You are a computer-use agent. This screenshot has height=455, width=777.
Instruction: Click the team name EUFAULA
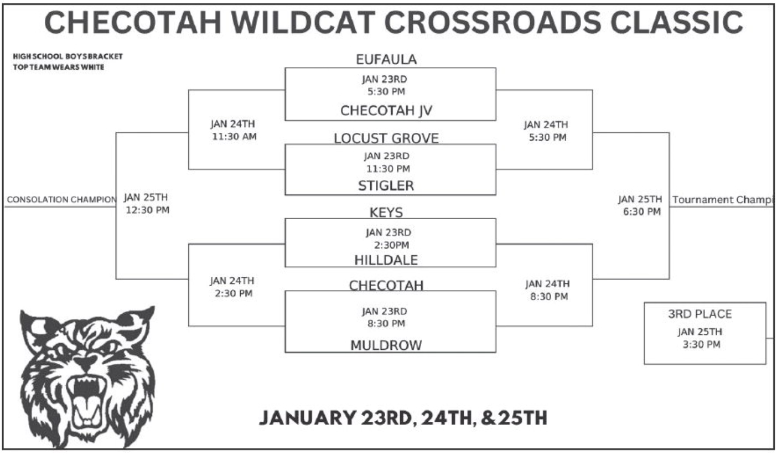click(x=386, y=59)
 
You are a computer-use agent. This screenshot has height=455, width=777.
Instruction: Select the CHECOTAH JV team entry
click(x=386, y=110)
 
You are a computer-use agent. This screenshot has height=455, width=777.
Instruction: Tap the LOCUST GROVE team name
click(x=386, y=138)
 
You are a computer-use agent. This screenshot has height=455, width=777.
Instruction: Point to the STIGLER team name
click(x=386, y=185)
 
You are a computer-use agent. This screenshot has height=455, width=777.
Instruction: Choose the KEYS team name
click(x=386, y=212)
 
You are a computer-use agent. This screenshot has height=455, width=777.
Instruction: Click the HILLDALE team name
click(x=386, y=260)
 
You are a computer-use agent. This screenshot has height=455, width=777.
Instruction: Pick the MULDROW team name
click(x=386, y=345)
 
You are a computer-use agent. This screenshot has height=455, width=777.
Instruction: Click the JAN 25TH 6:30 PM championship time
click(x=640, y=205)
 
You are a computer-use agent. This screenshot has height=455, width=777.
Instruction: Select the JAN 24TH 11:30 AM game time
click(x=234, y=130)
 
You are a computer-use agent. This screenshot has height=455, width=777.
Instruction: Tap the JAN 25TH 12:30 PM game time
click(x=147, y=204)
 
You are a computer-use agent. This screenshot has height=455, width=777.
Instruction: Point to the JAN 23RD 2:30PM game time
click(x=389, y=239)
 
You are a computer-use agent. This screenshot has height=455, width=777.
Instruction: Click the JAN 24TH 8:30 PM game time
click(x=548, y=290)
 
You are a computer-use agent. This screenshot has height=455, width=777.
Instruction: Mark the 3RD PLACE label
click(x=700, y=314)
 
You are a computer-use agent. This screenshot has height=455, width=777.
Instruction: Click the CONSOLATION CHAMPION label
click(x=62, y=200)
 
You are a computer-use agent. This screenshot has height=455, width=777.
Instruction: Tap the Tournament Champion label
click(x=723, y=200)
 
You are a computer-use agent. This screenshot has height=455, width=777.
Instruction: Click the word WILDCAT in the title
click(x=303, y=23)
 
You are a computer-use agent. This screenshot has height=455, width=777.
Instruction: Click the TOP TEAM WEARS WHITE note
click(x=59, y=67)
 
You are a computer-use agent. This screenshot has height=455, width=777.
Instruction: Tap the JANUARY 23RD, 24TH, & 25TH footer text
click(x=403, y=417)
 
